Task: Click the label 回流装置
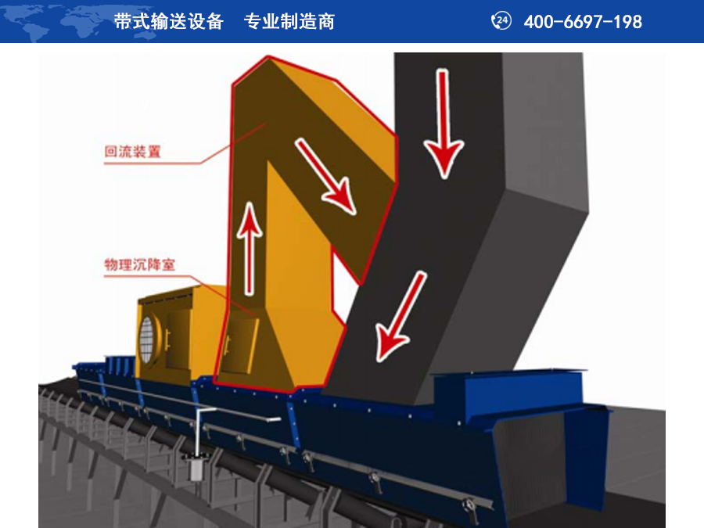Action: click(x=132, y=151)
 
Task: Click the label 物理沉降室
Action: click(x=140, y=264)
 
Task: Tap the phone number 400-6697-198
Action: click(x=583, y=22)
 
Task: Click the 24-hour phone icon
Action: click(x=501, y=21)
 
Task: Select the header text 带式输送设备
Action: click(x=169, y=21)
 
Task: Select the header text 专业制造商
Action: click(x=289, y=21)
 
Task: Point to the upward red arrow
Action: click(x=250, y=248)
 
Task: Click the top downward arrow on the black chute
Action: click(x=444, y=124)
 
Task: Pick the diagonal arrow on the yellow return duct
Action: click(x=325, y=176)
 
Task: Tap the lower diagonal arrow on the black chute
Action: click(x=400, y=317)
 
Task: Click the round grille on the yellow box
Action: click(x=147, y=340)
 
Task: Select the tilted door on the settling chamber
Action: click(x=241, y=345)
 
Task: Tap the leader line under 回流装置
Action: click(x=185, y=145)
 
